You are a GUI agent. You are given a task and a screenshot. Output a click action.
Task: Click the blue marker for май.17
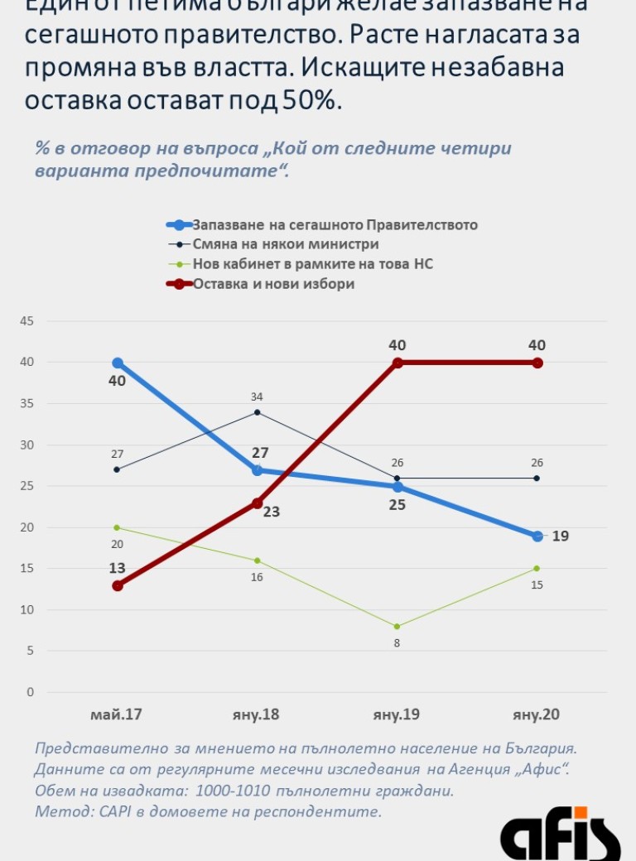click(118, 363)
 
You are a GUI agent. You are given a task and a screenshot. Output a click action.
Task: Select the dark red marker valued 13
click(118, 585)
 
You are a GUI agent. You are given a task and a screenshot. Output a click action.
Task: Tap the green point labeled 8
click(397, 626)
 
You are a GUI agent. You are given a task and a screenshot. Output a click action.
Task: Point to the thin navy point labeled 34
click(258, 412)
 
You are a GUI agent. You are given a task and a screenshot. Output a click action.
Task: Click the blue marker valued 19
click(537, 536)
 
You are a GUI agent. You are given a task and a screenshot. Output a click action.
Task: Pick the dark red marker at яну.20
click(537, 363)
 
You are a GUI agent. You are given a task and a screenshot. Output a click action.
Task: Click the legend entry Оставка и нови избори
click(273, 284)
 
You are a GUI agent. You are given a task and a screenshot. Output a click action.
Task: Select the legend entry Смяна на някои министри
click(286, 244)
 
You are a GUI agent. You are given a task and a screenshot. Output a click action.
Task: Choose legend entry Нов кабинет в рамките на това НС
click(312, 264)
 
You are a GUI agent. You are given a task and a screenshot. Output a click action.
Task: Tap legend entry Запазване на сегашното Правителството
click(335, 224)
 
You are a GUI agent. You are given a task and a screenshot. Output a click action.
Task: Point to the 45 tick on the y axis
click(26, 321)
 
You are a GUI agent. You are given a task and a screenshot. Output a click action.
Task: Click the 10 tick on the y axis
click(26, 610)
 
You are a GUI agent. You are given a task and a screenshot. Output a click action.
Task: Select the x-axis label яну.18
click(257, 714)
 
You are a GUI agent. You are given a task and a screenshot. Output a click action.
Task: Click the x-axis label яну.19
click(397, 714)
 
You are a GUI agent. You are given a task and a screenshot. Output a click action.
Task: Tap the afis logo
click(560, 835)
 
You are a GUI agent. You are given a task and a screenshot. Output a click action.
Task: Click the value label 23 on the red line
click(271, 512)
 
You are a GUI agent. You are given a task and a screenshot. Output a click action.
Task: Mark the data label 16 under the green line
click(257, 577)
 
